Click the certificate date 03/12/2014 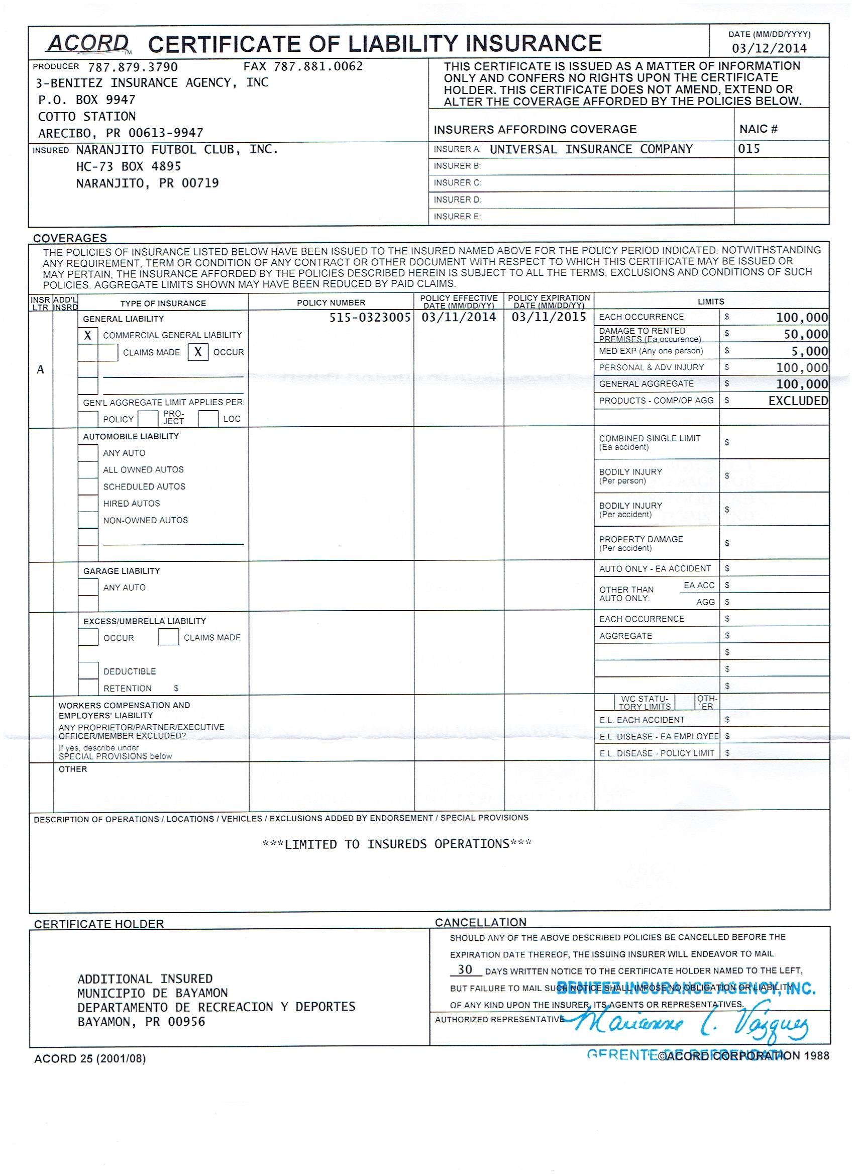click(x=769, y=48)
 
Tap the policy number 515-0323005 click(x=370, y=317)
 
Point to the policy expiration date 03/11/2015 click(x=549, y=317)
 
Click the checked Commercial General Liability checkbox click(x=87, y=336)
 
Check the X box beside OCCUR click(x=198, y=352)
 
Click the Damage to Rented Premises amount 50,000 click(x=805, y=334)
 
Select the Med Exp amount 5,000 click(x=809, y=351)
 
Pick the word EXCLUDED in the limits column click(x=798, y=401)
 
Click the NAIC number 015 click(x=749, y=149)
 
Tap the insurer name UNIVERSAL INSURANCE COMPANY click(x=591, y=149)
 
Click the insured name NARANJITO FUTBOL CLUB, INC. click(x=177, y=150)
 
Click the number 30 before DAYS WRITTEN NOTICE click(x=465, y=969)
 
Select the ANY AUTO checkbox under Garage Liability click(x=88, y=587)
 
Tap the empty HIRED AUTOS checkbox click(x=88, y=503)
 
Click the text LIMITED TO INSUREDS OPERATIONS click(x=397, y=844)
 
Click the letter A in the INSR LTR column click(x=40, y=369)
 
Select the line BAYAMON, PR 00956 click(x=141, y=1022)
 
